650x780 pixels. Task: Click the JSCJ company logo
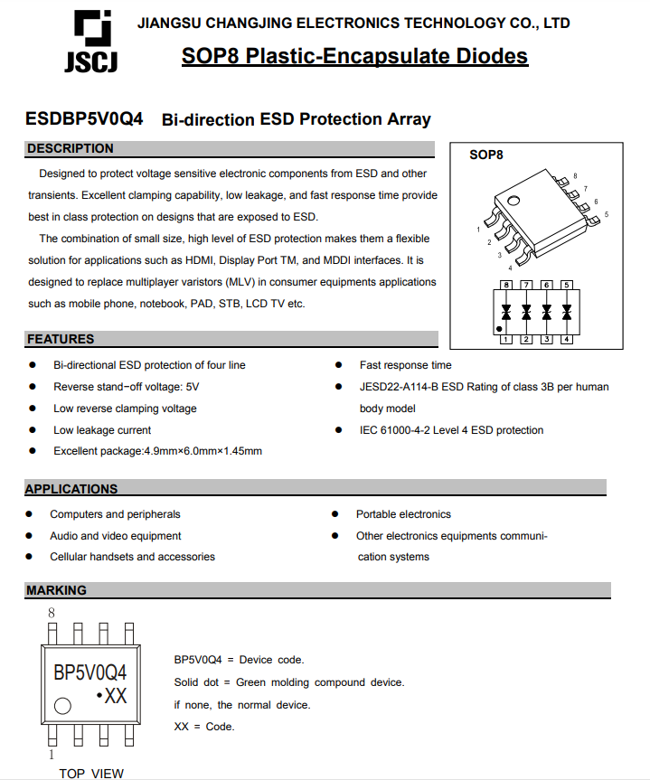pos(90,41)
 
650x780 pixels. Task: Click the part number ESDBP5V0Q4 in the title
pos(84,119)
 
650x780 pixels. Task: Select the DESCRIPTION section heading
pos(71,148)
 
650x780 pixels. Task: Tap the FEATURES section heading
pos(61,339)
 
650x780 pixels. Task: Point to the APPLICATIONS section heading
pos(71,489)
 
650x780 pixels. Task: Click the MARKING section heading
pos(56,590)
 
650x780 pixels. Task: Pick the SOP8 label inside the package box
pos(486,155)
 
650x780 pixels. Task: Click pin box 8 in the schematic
pos(506,286)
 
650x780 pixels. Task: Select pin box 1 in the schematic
pos(506,340)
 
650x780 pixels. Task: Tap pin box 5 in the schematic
pos(566,286)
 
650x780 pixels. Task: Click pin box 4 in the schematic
pos(566,340)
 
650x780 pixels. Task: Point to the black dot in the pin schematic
pos(500,331)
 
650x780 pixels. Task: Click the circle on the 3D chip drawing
pos(513,201)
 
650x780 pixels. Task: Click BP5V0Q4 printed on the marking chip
pos(90,672)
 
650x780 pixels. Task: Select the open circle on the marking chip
pos(62,706)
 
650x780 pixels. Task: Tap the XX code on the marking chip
pos(115,696)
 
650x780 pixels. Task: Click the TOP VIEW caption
pos(91,773)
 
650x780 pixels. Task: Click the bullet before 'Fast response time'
pos(338,365)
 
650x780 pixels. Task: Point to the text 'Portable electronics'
pos(403,514)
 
